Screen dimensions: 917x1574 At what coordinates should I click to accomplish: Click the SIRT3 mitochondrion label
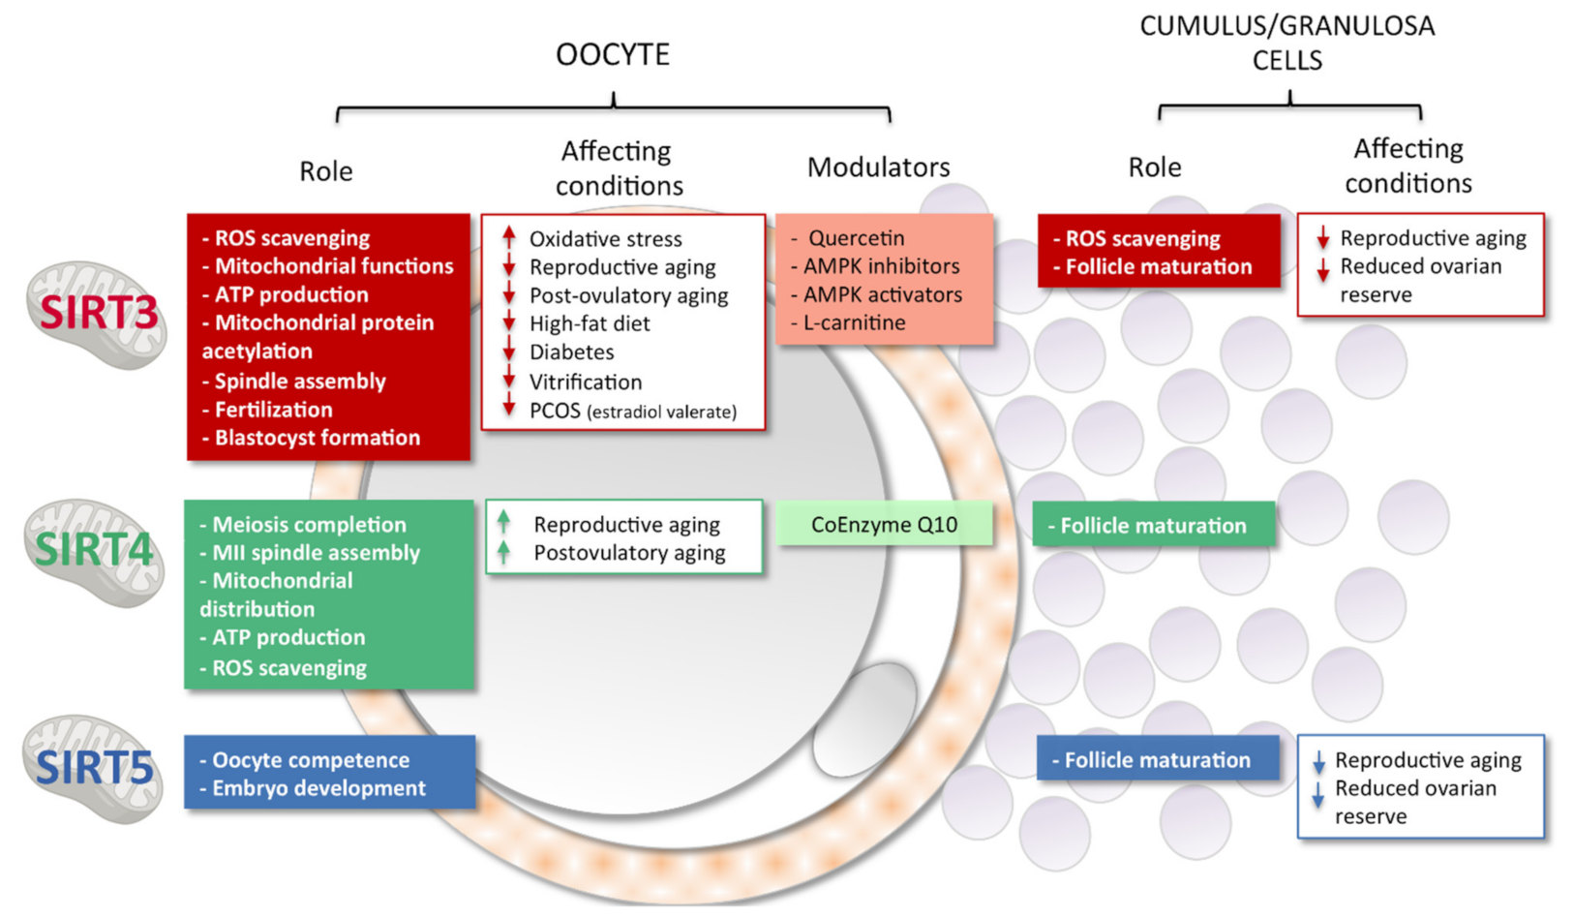coord(98,313)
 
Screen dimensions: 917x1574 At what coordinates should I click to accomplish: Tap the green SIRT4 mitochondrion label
coord(94,550)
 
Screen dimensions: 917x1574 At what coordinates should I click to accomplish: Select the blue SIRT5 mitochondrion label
coord(94,768)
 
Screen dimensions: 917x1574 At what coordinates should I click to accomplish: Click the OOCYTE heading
coord(612,54)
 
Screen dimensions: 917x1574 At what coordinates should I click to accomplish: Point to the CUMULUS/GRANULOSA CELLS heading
coord(1286,43)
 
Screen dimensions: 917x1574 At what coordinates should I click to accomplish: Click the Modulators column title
coord(878,168)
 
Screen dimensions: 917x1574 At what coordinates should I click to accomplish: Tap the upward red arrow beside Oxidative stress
coord(509,237)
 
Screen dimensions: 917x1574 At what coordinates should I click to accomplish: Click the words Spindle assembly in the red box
coord(300,382)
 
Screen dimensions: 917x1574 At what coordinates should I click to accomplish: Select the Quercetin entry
coord(856,238)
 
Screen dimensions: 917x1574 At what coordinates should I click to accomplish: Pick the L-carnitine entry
coord(854,322)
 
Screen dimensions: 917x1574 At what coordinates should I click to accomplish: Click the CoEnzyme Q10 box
coord(884,525)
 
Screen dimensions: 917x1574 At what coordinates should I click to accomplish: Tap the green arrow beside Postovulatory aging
coord(503,553)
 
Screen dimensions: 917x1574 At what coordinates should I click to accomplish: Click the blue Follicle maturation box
coord(1157,760)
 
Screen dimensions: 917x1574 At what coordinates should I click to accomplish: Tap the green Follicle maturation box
coord(1153,526)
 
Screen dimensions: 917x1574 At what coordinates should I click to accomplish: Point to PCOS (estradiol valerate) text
coord(632,412)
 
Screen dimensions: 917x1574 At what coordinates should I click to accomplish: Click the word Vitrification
coord(585,382)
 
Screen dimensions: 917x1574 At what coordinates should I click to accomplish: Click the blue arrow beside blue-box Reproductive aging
coord(1317,762)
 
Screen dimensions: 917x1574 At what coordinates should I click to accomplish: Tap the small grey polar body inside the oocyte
coord(864,718)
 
